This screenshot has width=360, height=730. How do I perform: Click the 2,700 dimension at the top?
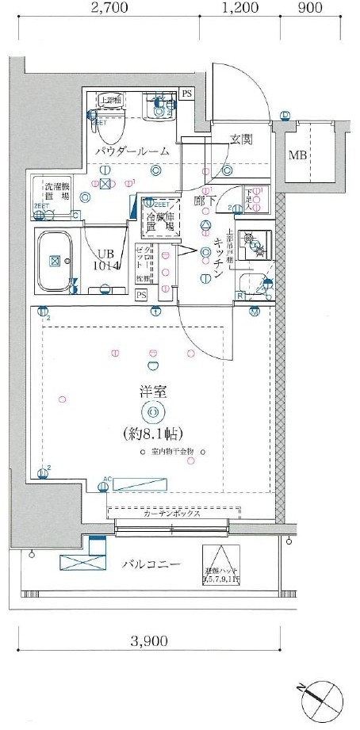coord(109,10)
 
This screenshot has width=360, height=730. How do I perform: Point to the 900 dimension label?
coord(310,10)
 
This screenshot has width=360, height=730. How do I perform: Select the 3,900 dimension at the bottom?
coord(151,640)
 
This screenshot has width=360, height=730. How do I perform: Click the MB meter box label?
coord(298,155)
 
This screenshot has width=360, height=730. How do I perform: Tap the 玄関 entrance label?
coord(241,139)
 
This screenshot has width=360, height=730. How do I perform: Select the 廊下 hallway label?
coord(205,201)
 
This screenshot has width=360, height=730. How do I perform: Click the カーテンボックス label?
coord(171,513)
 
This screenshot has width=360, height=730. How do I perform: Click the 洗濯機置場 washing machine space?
coord(55,189)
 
